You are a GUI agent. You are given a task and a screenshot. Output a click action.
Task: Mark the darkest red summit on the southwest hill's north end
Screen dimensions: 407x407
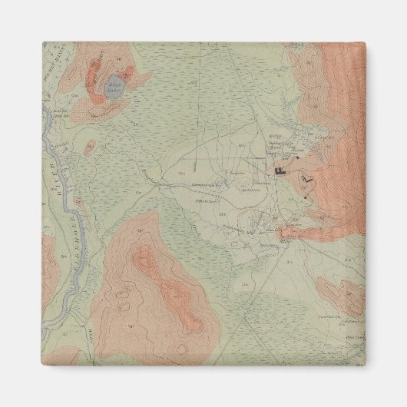click(x=143, y=262)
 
